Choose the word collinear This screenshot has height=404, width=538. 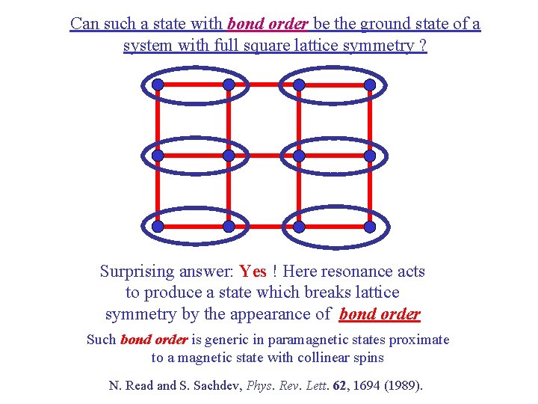(325, 358)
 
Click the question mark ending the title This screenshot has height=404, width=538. (423, 46)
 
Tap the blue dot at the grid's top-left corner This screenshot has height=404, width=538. (158, 85)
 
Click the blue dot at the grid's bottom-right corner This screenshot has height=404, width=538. (370, 226)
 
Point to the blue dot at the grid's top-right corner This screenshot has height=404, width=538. (370, 85)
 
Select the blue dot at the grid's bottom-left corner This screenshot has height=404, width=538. (158, 226)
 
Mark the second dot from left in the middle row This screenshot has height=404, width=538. (229, 156)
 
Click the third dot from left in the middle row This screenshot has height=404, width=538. (299, 156)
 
